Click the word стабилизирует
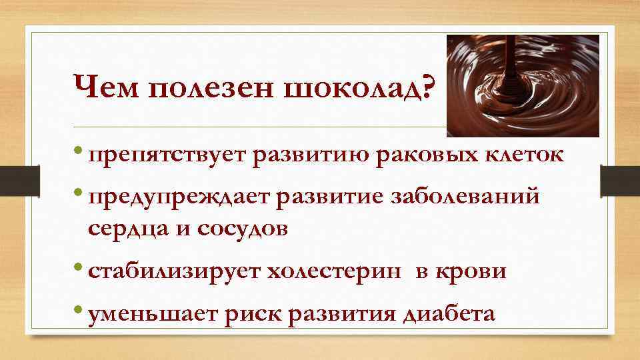pyautogui.click(x=173, y=271)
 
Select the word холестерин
pyautogui.click(x=334, y=271)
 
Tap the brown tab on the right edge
pyautogui.click(x=619, y=180)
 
